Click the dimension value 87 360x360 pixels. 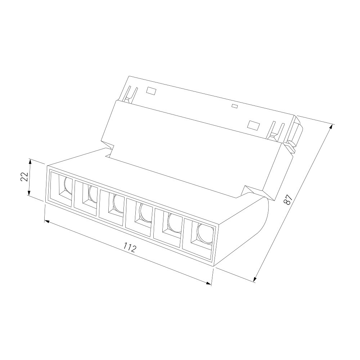coord(288,199)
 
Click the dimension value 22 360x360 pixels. coord(24,176)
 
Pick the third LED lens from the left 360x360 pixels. coord(118,203)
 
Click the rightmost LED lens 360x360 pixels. coord(205,233)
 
